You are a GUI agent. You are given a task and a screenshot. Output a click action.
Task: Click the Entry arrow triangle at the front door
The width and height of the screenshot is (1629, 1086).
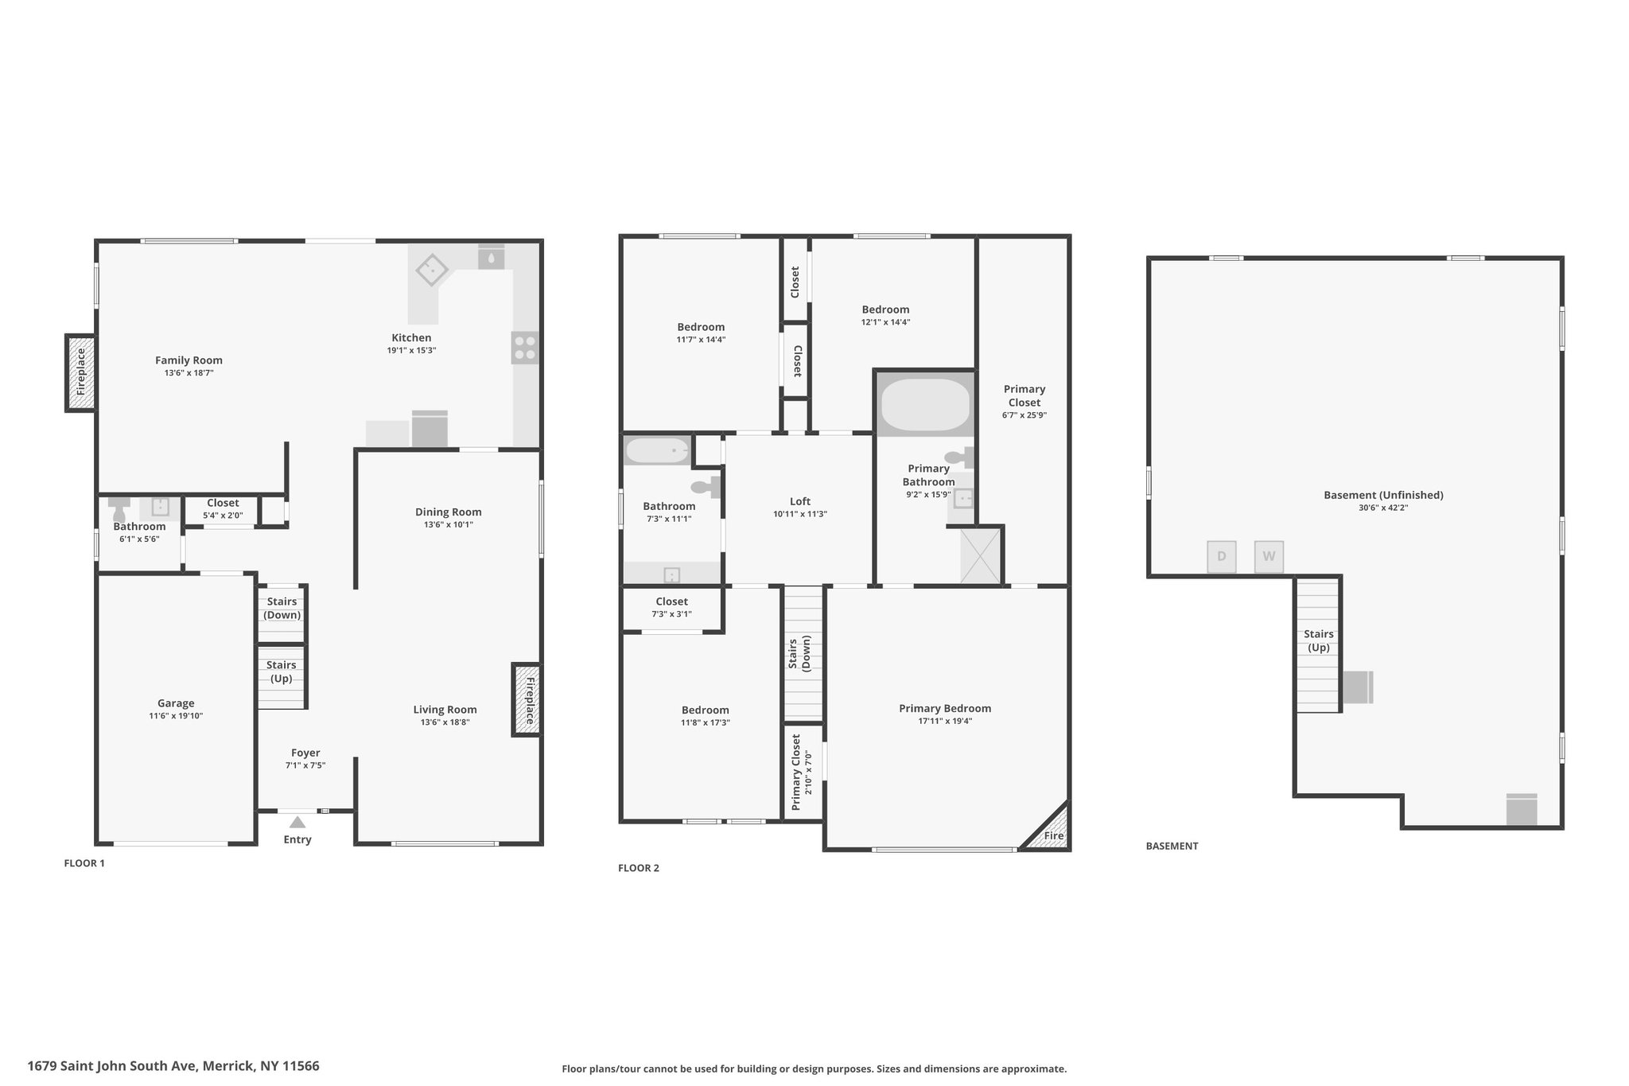[x=297, y=822]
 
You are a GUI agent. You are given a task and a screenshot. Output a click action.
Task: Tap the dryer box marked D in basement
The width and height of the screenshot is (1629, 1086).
[x=1222, y=557]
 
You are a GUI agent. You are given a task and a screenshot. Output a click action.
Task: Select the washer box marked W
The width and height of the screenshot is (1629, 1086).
[x=1269, y=557]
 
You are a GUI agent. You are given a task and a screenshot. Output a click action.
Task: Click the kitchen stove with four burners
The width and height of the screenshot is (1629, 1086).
[x=525, y=348]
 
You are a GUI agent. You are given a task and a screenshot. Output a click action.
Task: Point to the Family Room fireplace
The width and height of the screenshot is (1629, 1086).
[x=80, y=372]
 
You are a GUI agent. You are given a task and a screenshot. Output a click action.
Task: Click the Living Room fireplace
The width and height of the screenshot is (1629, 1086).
[x=527, y=700]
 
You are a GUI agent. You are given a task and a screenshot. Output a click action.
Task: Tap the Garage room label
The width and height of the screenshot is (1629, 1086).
[x=176, y=703]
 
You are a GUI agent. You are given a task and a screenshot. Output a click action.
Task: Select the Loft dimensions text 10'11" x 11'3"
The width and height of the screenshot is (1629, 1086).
[x=800, y=514]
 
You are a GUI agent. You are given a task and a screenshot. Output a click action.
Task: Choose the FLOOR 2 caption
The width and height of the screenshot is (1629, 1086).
[x=639, y=868]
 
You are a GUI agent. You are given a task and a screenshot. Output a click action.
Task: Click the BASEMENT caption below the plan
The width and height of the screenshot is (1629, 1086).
[x=1172, y=846]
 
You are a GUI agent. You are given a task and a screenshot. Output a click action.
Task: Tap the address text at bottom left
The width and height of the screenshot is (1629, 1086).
[x=173, y=1065]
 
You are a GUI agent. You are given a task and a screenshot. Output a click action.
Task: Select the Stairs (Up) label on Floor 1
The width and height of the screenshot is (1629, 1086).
[x=282, y=671]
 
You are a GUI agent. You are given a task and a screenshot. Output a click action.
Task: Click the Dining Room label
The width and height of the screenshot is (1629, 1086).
[x=449, y=512]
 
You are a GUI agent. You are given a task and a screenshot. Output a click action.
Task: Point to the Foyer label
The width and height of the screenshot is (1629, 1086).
[x=305, y=753]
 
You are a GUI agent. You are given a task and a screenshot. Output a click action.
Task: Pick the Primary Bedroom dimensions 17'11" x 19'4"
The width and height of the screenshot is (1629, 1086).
[x=945, y=722]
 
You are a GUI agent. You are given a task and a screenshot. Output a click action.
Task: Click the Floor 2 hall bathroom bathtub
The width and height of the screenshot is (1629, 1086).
[x=658, y=451]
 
